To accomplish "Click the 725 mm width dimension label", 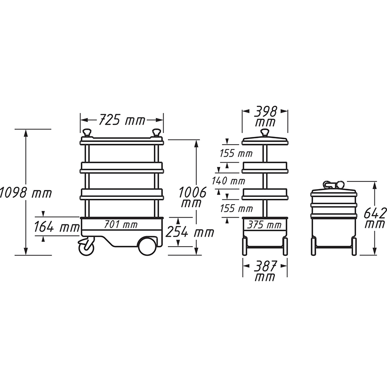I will pyautogui.click(x=122, y=120).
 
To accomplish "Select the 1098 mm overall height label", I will pyautogui.click(x=26, y=193).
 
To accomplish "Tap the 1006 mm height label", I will pyautogui.click(x=193, y=197).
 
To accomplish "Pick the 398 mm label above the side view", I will pyautogui.click(x=265, y=116).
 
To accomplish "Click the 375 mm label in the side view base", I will pyautogui.click(x=265, y=225).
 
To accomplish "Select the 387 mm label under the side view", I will pyautogui.click(x=265, y=271).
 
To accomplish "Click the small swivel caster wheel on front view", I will pyautogui.click(x=86, y=247).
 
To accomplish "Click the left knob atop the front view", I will pyautogui.click(x=88, y=132).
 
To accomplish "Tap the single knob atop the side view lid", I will pyautogui.click(x=265, y=132).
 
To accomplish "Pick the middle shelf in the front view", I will pyautogui.click(x=122, y=167).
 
